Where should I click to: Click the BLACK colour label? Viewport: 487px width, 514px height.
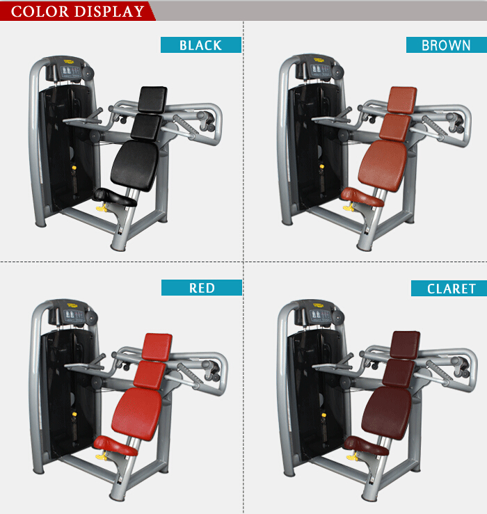[x=200, y=45]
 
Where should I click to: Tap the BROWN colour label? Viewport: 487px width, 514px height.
[x=447, y=45]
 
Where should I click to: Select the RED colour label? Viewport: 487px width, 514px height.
[x=202, y=287]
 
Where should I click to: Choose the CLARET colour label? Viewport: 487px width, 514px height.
[x=449, y=289]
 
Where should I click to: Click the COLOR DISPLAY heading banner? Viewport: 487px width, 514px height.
[x=77, y=11]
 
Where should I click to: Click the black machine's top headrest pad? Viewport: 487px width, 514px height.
[x=153, y=99]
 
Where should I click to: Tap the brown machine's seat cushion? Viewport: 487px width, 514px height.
[x=362, y=196]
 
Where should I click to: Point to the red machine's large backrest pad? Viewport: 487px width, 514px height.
[x=137, y=413]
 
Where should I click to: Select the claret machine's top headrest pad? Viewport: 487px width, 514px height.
[x=406, y=344]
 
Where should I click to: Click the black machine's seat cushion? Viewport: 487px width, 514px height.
[x=114, y=197]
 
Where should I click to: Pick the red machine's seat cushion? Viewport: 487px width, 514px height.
[x=115, y=445]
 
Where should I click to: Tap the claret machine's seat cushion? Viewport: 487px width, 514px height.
[x=366, y=445]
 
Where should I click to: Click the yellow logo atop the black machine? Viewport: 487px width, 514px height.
[x=70, y=61]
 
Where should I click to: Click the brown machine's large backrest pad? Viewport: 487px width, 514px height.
[x=383, y=166]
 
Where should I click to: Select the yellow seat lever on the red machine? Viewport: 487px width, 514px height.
[x=101, y=456]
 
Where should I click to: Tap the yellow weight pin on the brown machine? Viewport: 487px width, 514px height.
[x=322, y=166]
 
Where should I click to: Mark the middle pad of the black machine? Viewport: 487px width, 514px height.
[x=146, y=127]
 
